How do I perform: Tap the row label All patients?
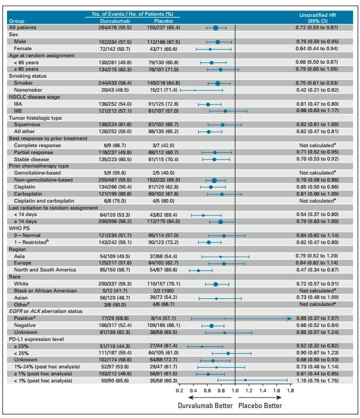[x=20, y=27]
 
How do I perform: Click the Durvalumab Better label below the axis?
[x=202, y=405]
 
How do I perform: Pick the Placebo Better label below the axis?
[x=262, y=405]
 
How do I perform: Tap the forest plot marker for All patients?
[x=216, y=27]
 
